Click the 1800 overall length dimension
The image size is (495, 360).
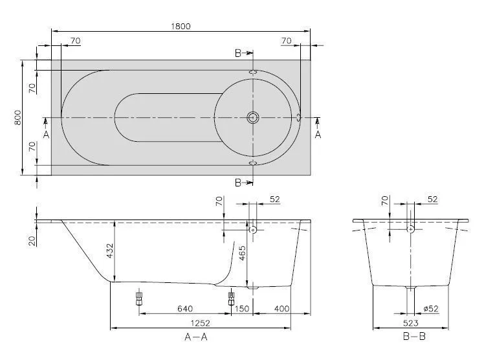click(x=181, y=26)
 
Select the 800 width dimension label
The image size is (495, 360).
click(x=18, y=117)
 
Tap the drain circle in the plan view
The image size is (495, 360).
click(x=252, y=118)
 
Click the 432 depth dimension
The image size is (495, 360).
click(x=110, y=251)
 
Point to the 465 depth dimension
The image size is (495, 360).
click(x=243, y=253)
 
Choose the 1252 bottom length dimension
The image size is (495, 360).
click(x=201, y=323)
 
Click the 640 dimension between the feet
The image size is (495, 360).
click(x=185, y=309)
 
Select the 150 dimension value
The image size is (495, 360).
click(x=242, y=309)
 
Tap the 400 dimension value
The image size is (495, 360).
click(x=281, y=309)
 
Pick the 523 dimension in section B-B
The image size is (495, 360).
click(x=411, y=323)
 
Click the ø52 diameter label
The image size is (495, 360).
click(x=431, y=309)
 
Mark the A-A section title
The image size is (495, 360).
click(x=196, y=337)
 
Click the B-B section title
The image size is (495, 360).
click(x=415, y=337)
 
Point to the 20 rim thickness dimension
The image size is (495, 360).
click(x=32, y=241)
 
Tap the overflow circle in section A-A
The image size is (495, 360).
click(x=253, y=230)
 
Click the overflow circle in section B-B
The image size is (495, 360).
click(x=410, y=229)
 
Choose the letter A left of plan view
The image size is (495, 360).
click(x=46, y=135)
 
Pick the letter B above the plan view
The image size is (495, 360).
click(x=238, y=53)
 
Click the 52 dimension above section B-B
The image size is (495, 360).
click(x=433, y=199)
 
